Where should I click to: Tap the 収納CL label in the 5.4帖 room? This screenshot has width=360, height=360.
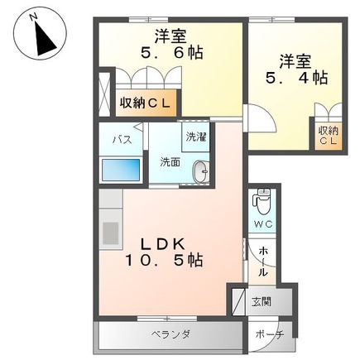(x=328, y=136)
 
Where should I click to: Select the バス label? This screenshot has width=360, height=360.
(x=119, y=139)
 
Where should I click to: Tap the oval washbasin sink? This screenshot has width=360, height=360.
(x=200, y=172)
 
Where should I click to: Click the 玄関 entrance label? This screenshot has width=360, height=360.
(x=260, y=301)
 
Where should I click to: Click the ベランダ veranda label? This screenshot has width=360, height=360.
(x=170, y=334)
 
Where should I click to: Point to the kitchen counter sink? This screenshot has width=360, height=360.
(x=110, y=231)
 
